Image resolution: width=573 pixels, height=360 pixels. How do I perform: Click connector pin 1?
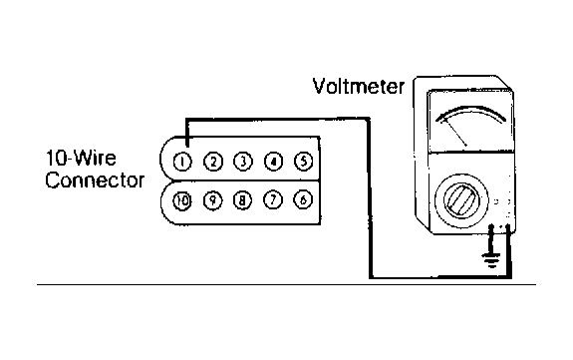(x=182, y=162)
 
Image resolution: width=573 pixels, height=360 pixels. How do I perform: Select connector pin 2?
(x=213, y=162)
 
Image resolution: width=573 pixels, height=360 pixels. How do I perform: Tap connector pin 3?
(x=243, y=161)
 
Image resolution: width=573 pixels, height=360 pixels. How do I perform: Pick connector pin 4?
(x=273, y=161)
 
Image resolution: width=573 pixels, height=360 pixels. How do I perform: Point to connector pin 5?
(x=303, y=161)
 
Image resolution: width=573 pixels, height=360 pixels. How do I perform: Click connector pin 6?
(x=303, y=199)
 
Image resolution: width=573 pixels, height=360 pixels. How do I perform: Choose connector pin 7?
(x=273, y=200)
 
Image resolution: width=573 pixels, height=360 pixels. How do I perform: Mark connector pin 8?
(x=242, y=200)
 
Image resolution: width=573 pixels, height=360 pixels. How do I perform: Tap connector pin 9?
(x=212, y=200)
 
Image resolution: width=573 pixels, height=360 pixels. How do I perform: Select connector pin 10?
(x=182, y=200)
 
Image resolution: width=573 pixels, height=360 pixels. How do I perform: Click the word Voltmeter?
(x=359, y=87)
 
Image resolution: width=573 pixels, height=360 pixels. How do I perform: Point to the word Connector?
(x=95, y=180)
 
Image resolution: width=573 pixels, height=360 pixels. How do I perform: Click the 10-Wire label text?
(x=81, y=158)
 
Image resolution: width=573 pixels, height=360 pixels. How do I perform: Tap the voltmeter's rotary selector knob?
(x=461, y=200)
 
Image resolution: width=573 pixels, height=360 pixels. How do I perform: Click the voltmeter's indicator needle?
(x=454, y=134)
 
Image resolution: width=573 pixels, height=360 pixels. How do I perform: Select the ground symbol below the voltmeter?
(x=491, y=259)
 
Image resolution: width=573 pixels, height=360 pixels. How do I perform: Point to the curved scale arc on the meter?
(x=471, y=109)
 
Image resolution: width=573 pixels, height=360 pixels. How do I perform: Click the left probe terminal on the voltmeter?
(x=491, y=229)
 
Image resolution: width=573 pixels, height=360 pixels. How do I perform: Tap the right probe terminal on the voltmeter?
(x=508, y=229)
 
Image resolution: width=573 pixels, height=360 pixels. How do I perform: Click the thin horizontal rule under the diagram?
(x=286, y=284)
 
